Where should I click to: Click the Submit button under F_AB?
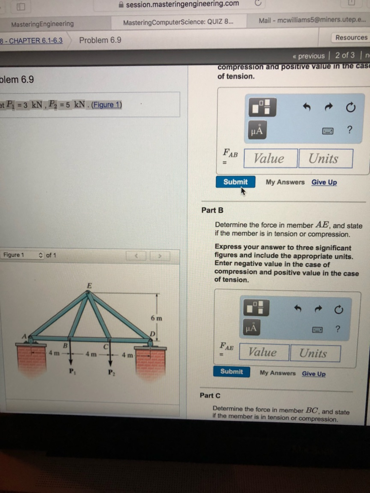click(236, 182)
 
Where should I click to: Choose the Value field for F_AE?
click(264, 353)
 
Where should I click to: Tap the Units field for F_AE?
click(315, 353)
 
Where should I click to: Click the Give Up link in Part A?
click(324, 182)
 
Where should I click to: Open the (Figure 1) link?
click(106, 105)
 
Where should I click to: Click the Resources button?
click(351, 38)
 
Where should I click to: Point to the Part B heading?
click(212, 210)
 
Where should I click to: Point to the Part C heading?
click(210, 395)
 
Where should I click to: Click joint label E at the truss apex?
click(89, 285)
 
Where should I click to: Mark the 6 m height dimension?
click(156, 318)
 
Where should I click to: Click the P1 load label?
click(71, 371)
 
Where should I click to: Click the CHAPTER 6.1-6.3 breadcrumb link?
click(33, 40)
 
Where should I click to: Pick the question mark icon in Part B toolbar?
click(337, 329)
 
